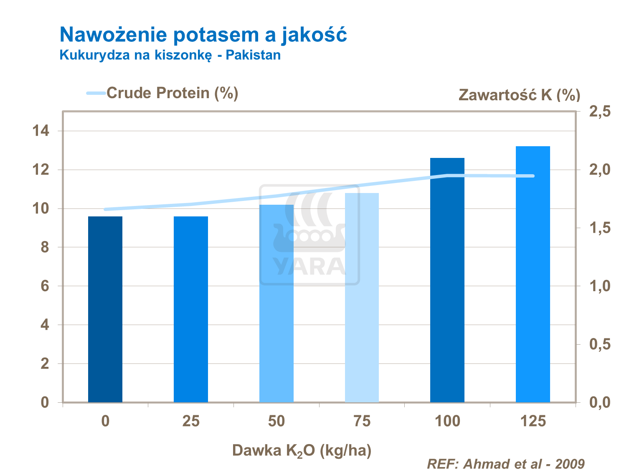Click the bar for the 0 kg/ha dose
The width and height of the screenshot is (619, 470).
point(105,309)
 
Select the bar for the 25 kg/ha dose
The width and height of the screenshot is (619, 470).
point(191,309)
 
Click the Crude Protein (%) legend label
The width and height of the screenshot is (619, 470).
point(172,93)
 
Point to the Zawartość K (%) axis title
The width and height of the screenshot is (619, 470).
point(519,95)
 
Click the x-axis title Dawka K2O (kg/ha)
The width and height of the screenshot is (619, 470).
point(302,451)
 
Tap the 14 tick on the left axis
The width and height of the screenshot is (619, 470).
point(41,131)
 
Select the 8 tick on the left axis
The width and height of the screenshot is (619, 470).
point(45,248)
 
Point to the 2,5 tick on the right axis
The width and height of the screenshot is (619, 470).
point(599,112)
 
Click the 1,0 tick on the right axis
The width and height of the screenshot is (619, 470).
point(599,286)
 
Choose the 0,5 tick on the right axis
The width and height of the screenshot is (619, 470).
point(599,345)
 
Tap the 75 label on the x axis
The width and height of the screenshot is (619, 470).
point(362,421)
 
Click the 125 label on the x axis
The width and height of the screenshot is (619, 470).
point(533,421)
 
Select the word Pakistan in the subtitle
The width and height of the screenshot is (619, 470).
point(253,55)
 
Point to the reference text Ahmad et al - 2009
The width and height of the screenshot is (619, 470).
point(524,464)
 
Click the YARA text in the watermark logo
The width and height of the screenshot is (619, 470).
point(309,266)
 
